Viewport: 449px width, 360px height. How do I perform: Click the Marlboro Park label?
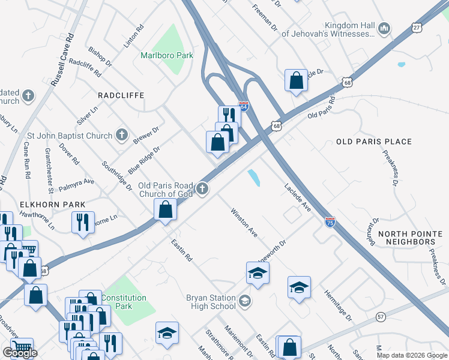tap(167, 55)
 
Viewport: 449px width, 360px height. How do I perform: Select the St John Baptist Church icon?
tap(122, 135)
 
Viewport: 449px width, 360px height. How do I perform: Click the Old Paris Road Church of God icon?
tap(203, 190)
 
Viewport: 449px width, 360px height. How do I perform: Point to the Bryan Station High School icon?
tap(244, 301)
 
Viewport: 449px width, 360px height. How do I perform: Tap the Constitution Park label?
tap(123, 302)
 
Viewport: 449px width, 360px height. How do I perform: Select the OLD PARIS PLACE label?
tap(374, 142)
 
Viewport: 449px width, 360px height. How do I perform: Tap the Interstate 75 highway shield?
tap(330, 221)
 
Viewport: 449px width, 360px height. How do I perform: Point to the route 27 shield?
tap(417, 27)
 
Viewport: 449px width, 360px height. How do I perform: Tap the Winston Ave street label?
tap(244, 223)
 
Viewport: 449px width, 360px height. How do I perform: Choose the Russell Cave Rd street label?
tap(62, 59)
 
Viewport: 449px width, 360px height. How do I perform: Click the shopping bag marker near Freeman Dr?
tap(297, 80)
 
